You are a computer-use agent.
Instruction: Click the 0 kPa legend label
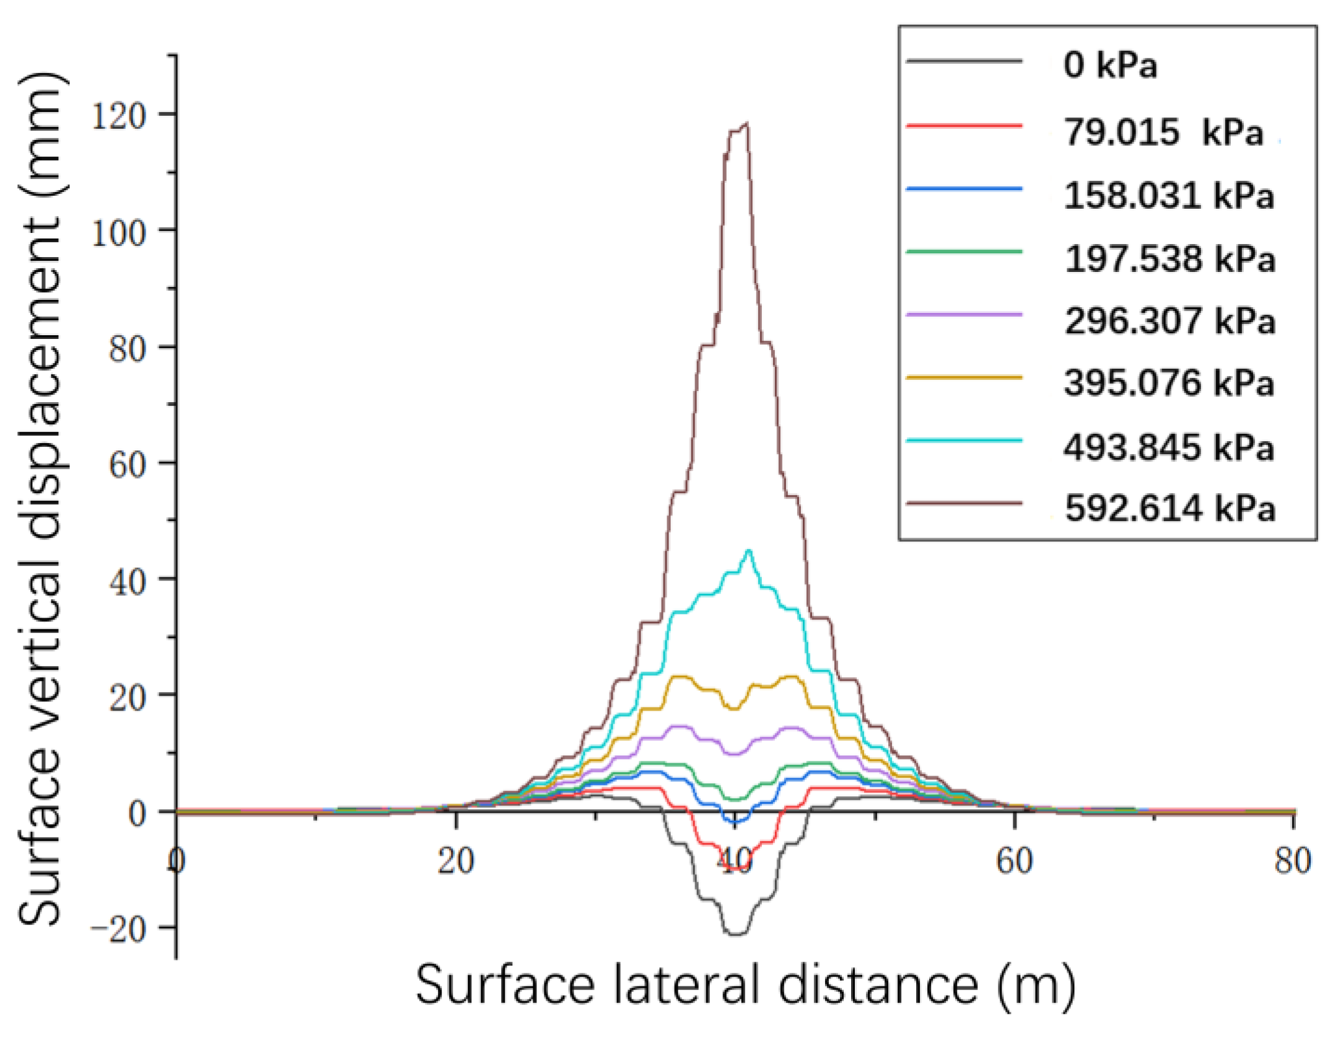pos(1110,64)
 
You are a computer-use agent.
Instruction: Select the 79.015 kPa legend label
pos(1163,132)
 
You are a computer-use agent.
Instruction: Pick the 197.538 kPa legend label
pos(1170,258)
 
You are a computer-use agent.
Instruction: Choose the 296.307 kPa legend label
pos(1170,321)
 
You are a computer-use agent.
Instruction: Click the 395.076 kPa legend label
pos(1168,383)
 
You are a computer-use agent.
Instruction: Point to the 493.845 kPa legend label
pos(1168,447)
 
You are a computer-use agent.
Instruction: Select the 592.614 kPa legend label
pos(1170,509)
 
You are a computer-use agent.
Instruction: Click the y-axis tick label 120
pos(118,115)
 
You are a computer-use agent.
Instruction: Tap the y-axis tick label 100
pos(118,234)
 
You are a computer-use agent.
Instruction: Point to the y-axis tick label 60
pos(127,465)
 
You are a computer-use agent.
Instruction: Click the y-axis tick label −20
pos(118,930)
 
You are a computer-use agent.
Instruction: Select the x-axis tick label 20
pos(456,861)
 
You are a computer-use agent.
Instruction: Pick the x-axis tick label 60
pos(1014,861)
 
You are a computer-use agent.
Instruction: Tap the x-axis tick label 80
pos(1293,861)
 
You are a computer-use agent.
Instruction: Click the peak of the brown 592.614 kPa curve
pos(746,125)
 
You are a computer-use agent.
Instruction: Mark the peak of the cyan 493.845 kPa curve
pos(749,550)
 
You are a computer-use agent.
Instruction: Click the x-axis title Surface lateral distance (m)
pos(745,985)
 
